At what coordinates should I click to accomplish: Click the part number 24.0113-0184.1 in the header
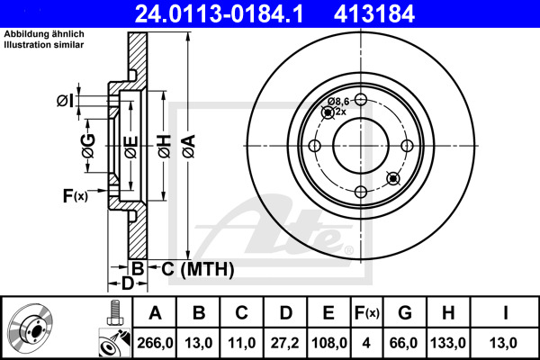point(219,13)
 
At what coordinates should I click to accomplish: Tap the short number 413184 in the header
point(374,13)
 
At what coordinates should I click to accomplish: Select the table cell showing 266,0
point(155,343)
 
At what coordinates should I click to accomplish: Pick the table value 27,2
point(284,343)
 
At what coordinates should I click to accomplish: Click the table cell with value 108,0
point(328,343)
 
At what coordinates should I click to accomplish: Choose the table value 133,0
point(448,343)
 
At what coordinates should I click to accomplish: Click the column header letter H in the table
point(448,313)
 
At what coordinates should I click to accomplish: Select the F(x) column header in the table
point(367,313)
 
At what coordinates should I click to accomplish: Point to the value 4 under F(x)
point(366,343)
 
